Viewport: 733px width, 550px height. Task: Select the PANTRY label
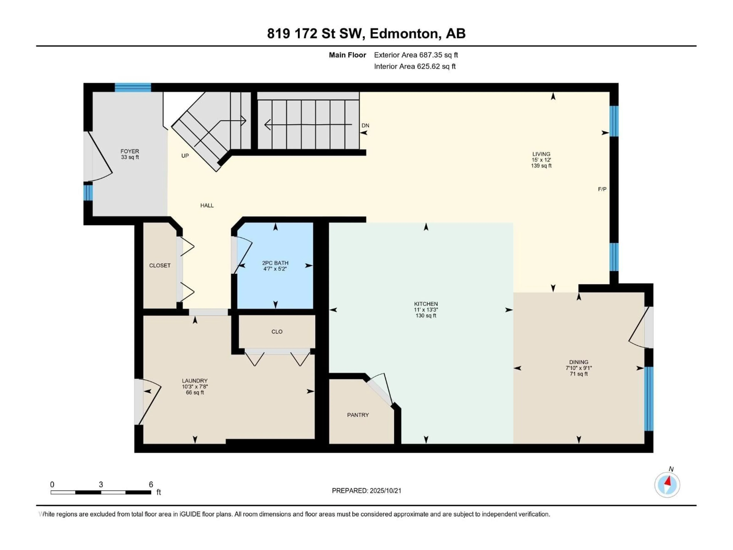[x=358, y=415]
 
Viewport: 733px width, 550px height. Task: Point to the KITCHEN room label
[x=426, y=304]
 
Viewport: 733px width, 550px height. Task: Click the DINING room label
[x=579, y=362]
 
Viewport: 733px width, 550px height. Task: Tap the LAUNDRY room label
[x=195, y=381]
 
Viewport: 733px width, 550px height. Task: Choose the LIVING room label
[x=541, y=154]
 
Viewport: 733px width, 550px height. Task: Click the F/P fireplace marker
[x=602, y=189]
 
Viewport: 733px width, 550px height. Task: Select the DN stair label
[x=365, y=125]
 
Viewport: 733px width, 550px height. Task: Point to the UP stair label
[x=185, y=155]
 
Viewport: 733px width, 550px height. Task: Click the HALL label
[x=207, y=205]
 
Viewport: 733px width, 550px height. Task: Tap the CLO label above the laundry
[x=277, y=332]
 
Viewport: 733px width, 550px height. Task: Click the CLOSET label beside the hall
[x=160, y=265]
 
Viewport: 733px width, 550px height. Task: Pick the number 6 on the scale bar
[x=151, y=484]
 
